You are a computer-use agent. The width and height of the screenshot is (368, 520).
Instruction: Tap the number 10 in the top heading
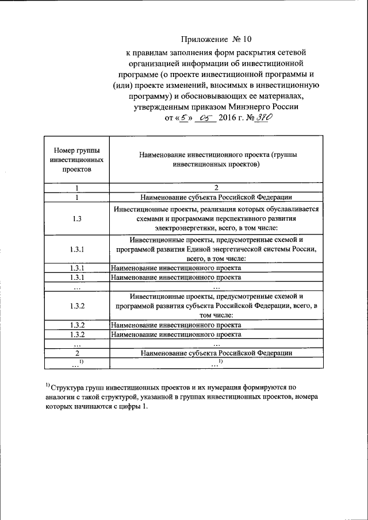(x=247, y=40)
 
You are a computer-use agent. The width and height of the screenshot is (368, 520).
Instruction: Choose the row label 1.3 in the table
(x=77, y=219)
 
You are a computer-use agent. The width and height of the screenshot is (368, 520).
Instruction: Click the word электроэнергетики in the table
(x=186, y=229)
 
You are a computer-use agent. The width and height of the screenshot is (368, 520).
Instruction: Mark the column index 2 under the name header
(x=216, y=187)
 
